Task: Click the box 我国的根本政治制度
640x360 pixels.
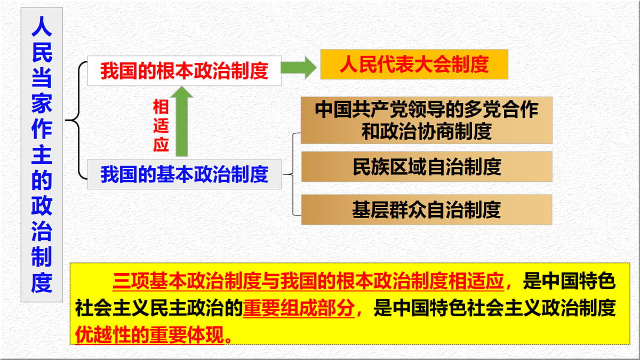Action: click(184, 70)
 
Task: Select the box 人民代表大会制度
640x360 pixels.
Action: click(414, 65)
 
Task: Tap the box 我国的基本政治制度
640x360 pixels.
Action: click(184, 174)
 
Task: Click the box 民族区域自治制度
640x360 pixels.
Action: click(427, 166)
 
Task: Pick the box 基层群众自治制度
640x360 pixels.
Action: click(427, 210)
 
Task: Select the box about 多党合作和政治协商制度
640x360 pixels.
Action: click(427, 120)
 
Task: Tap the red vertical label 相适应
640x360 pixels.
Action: click(161, 126)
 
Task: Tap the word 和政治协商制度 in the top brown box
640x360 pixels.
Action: click(427, 131)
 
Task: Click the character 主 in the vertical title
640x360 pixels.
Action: click(42, 155)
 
